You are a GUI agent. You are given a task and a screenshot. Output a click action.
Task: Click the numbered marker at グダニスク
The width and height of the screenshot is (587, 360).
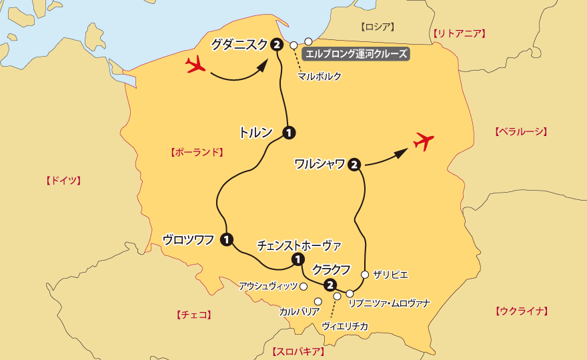[x=277, y=45]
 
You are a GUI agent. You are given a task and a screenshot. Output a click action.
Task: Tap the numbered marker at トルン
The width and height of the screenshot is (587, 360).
[x=289, y=132]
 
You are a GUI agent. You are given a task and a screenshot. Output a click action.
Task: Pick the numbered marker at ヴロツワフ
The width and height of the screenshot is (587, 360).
[x=227, y=239]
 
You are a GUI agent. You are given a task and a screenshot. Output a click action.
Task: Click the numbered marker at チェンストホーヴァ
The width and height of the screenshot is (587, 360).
[x=298, y=259]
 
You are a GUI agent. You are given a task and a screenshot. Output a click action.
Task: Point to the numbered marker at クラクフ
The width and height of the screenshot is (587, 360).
[x=329, y=285]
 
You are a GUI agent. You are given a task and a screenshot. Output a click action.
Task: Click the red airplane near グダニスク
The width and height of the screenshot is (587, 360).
[x=195, y=65]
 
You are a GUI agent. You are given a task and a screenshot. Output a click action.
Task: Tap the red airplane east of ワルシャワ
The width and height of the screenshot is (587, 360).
[x=424, y=141]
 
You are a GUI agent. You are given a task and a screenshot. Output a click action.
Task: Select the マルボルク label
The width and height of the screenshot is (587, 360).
[x=320, y=76]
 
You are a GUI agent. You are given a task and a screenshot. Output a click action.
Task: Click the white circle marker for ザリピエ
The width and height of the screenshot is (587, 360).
[x=365, y=274]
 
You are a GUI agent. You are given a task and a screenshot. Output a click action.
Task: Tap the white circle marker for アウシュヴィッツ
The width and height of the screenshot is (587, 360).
[x=304, y=287]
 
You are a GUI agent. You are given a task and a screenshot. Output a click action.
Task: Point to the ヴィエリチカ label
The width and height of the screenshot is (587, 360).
[x=344, y=326]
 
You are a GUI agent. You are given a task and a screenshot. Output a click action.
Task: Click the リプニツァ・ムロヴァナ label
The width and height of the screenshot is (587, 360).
[x=390, y=303]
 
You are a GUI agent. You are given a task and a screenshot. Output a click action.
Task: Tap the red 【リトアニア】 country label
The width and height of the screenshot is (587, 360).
[x=459, y=33]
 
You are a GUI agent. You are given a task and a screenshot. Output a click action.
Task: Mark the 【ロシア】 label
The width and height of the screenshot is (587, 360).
[x=378, y=27]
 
